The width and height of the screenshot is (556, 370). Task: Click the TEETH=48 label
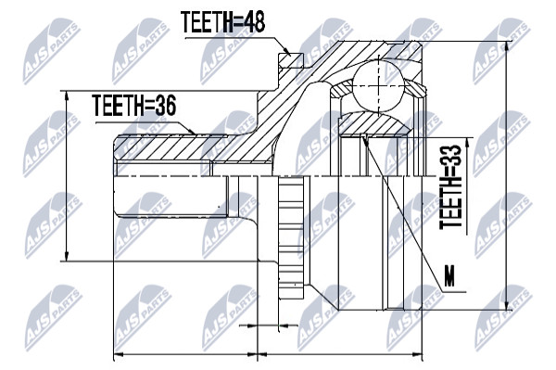pyautogui.click(x=222, y=21)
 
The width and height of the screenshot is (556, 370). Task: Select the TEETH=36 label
pyautogui.click(x=134, y=106)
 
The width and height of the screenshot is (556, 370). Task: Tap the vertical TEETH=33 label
pyautogui.click(x=450, y=186)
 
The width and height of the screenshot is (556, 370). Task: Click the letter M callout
pyautogui.click(x=449, y=276)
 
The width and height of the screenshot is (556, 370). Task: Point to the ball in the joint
pyautogui.click(x=379, y=86)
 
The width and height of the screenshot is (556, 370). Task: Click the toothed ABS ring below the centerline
pyautogui.click(x=291, y=237)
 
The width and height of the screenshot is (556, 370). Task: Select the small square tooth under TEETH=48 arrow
pyautogui.click(x=290, y=60)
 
